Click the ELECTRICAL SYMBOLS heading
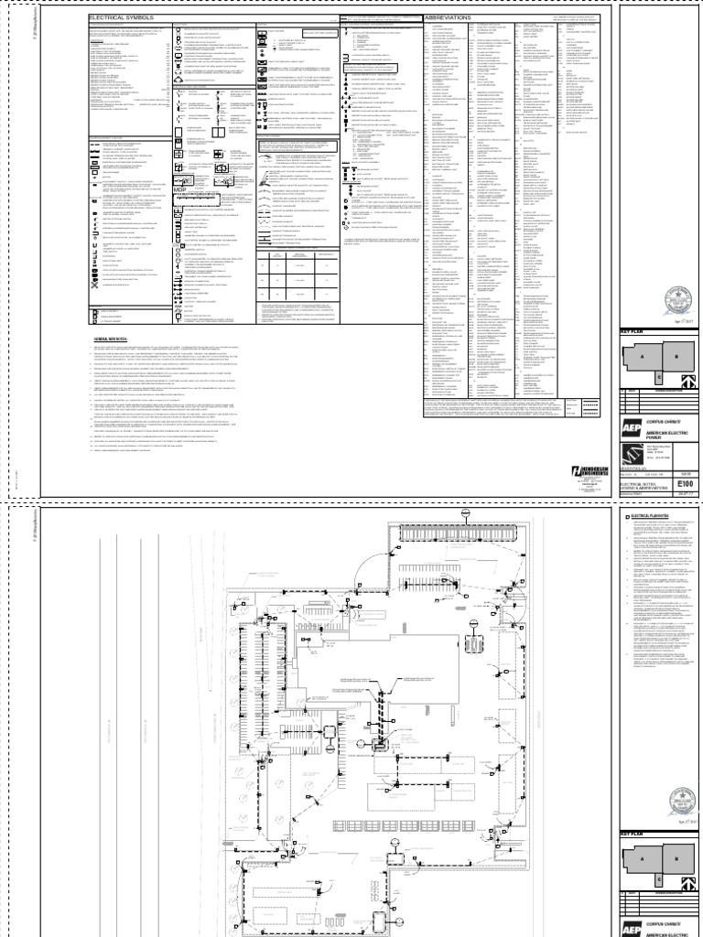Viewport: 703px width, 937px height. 116,18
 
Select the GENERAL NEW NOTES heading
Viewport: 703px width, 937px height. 109,339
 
